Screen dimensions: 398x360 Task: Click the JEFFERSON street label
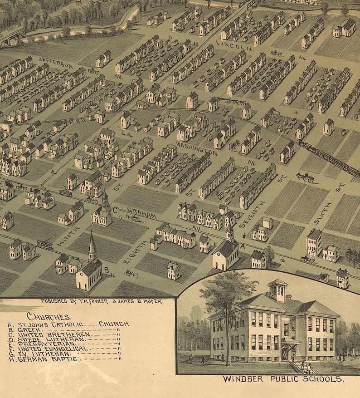click(x=55, y=63)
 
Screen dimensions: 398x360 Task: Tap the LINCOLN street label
click(x=234, y=44)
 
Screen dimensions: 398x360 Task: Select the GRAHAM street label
click(x=141, y=213)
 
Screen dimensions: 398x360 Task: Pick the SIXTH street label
click(x=322, y=214)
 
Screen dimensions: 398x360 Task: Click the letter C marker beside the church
click(x=115, y=210)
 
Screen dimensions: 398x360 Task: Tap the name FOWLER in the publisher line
click(x=92, y=301)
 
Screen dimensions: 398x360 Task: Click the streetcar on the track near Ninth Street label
click(x=45, y=244)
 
